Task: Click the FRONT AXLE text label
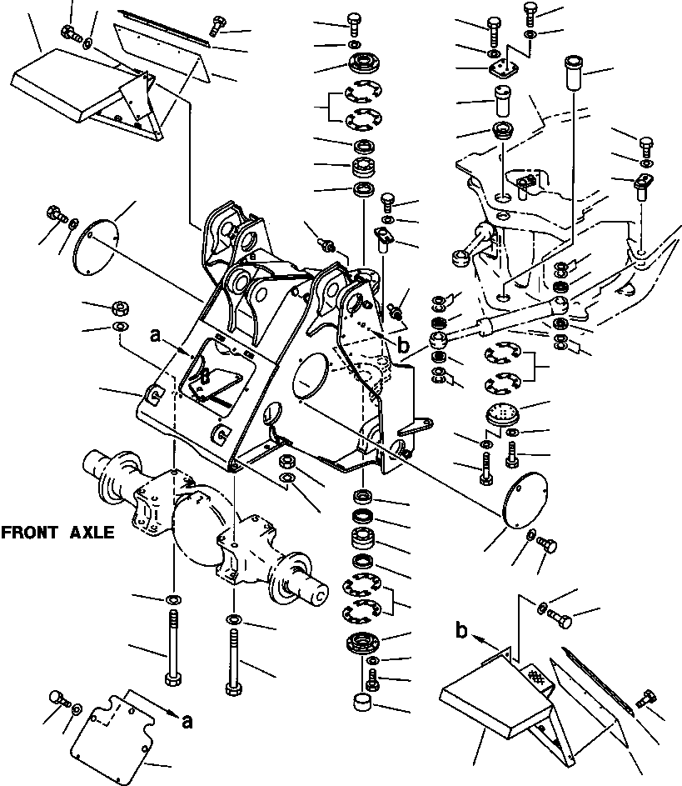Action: (57, 533)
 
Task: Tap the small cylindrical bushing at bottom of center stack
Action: (362, 703)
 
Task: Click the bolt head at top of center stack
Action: (354, 20)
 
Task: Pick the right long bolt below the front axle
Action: (232, 661)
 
